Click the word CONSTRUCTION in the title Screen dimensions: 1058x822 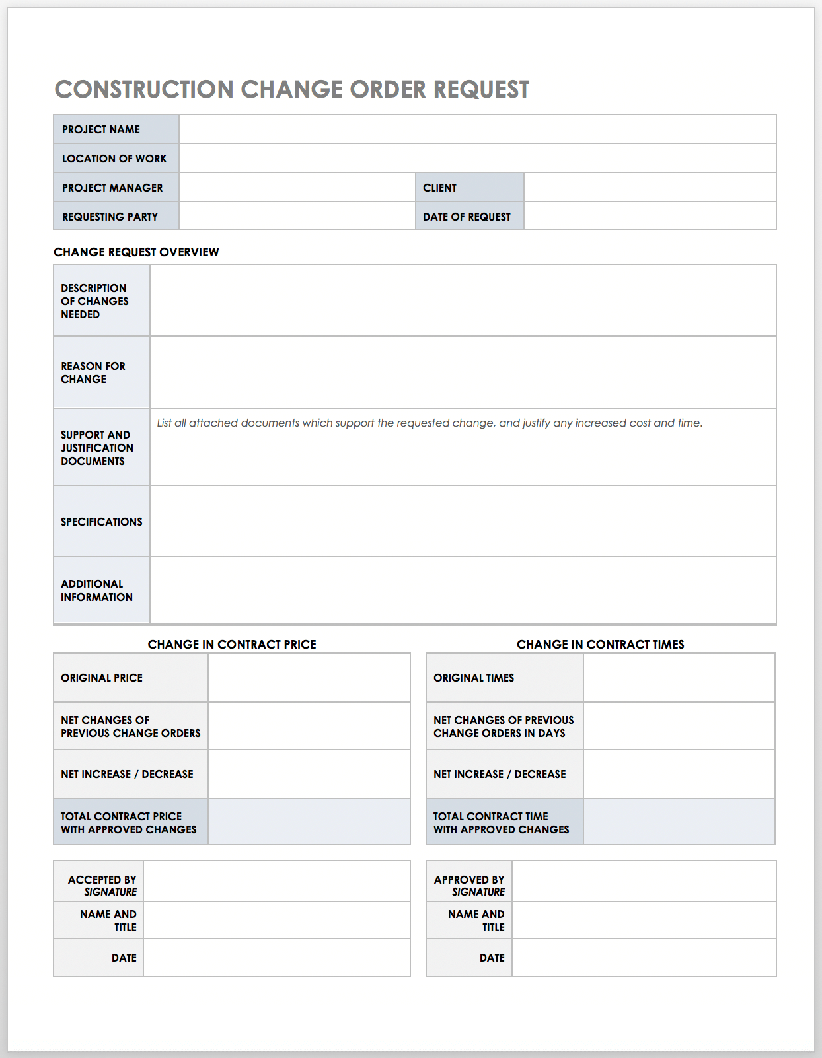coord(144,90)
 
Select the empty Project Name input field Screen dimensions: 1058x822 coord(477,129)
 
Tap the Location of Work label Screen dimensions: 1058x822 coord(114,159)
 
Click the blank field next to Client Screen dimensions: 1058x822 coord(650,188)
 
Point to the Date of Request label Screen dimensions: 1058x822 coord(467,217)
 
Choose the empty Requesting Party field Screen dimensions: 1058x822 coord(297,217)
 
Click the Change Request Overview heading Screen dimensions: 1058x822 coord(136,252)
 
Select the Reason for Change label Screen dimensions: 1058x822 coord(93,372)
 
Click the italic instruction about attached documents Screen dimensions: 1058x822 coord(430,423)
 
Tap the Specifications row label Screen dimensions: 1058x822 coord(102,522)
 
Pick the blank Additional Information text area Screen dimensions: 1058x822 coord(463,590)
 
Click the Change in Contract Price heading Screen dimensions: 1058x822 coord(232,645)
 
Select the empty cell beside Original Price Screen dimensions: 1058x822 coord(309,678)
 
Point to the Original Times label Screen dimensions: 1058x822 coord(474,678)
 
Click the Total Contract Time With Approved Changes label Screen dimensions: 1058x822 coord(501,823)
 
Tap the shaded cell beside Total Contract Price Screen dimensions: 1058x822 coord(309,822)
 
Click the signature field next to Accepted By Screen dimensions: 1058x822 coord(276,882)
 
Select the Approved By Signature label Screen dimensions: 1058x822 coord(469,886)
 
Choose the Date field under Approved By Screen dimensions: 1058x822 coord(644,958)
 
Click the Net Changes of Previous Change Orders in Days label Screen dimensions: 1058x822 coord(504,726)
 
